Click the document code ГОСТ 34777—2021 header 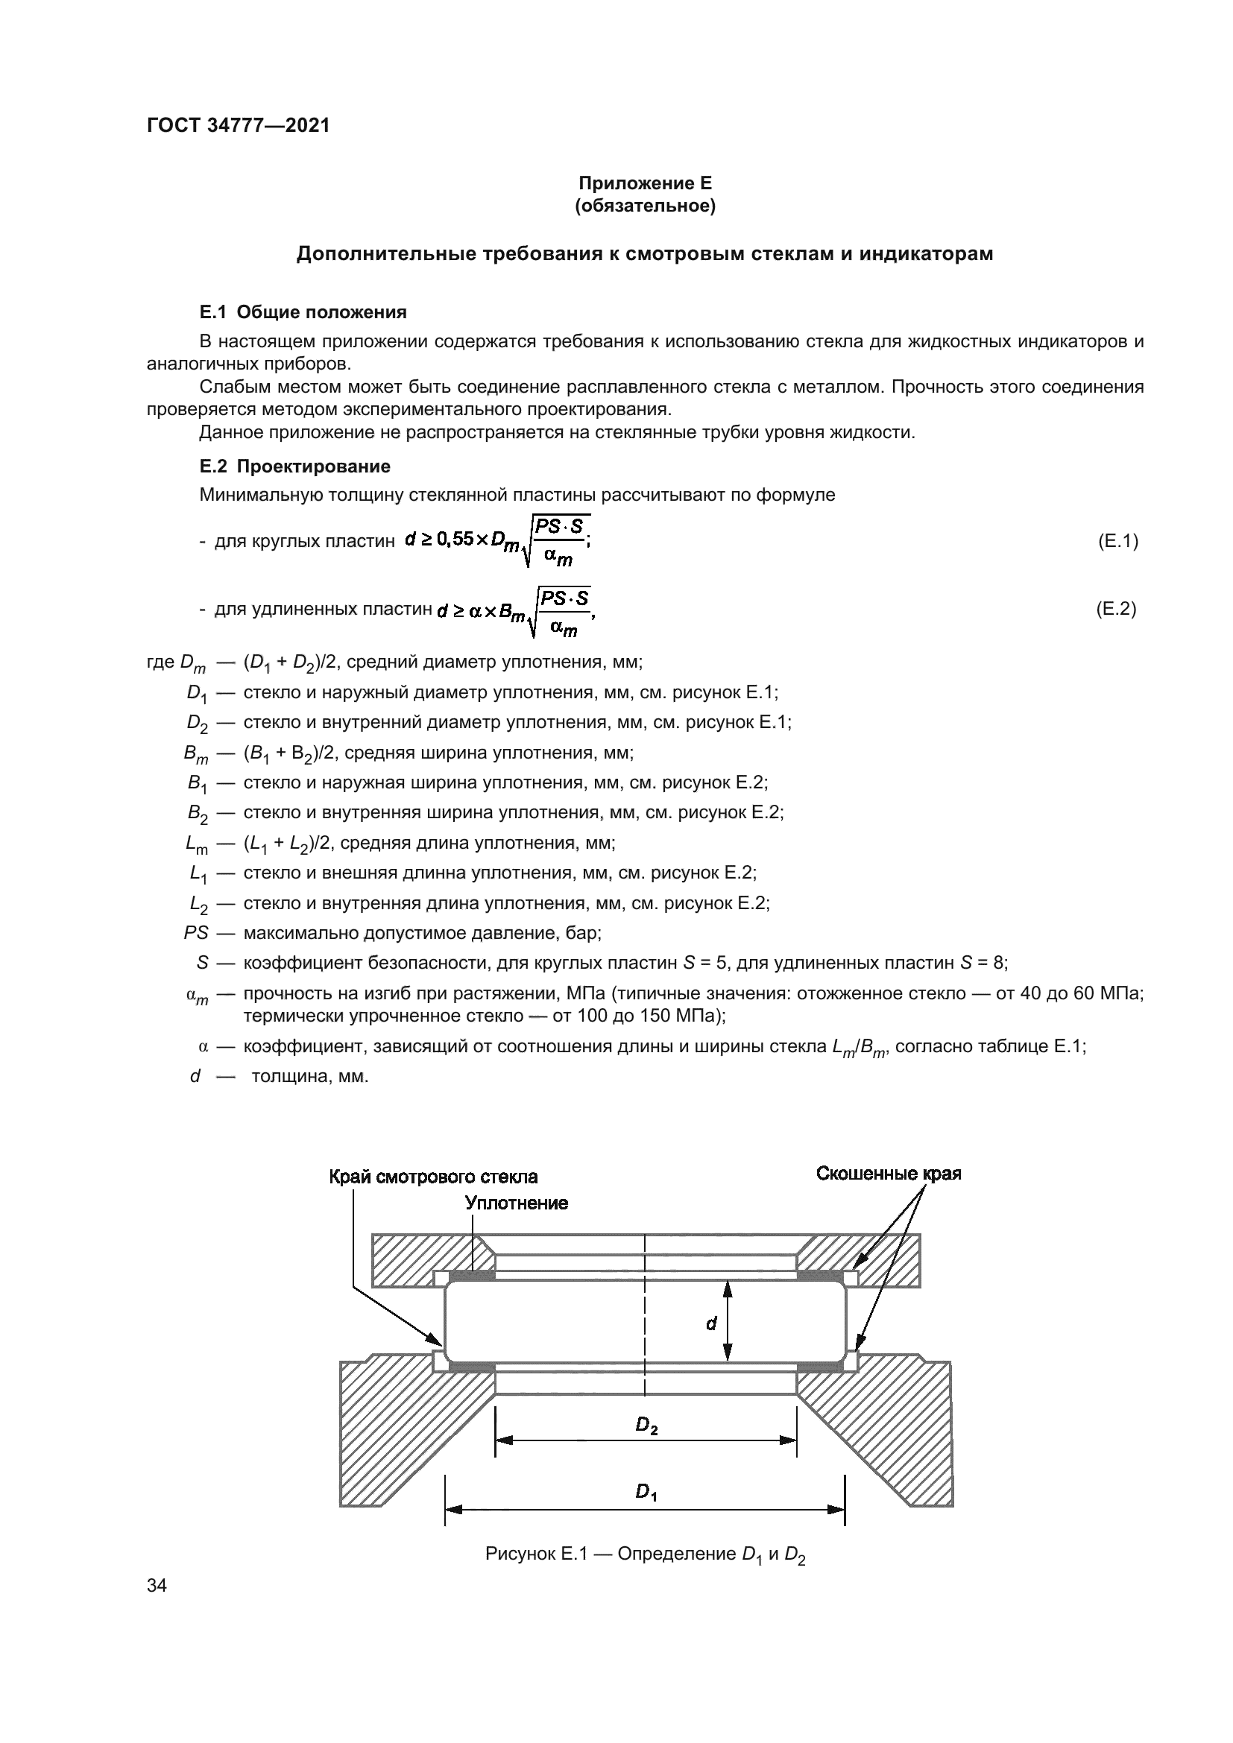point(239,126)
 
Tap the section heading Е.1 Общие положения point(303,312)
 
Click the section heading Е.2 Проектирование point(294,466)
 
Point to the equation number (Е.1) point(1117,541)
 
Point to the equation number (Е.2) point(1116,609)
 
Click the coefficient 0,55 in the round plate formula point(454,540)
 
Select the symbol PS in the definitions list point(196,932)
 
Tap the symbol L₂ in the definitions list point(198,903)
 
